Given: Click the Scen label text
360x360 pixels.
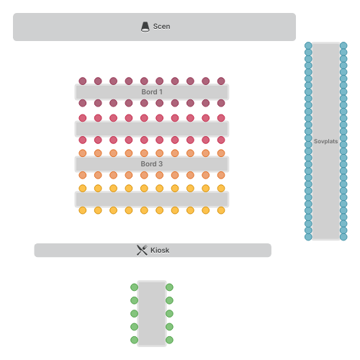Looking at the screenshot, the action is [161, 27].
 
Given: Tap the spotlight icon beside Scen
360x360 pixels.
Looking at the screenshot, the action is [145, 27].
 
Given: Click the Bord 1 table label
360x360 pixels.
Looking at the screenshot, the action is [152, 92].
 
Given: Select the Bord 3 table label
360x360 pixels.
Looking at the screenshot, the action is [152, 164].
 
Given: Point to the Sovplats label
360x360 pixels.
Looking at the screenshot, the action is [326, 141].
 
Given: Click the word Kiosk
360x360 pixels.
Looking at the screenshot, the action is [160, 251].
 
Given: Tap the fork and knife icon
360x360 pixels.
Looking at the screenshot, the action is [142, 251].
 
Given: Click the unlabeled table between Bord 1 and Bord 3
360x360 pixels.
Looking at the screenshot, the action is [152, 129].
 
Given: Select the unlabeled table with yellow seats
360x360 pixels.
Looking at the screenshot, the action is [152, 199].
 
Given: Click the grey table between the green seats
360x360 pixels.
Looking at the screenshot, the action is [152, 313].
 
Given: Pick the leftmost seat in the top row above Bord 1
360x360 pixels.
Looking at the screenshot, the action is [83, 81].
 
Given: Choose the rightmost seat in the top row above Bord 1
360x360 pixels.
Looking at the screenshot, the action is [221, 81].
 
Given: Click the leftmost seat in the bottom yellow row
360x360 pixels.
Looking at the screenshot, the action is [83, 210].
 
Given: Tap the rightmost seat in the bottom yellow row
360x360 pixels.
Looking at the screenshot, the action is [221, 210].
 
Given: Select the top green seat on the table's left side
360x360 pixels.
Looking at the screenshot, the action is [134, 287].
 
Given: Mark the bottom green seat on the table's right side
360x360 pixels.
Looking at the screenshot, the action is [169, 340].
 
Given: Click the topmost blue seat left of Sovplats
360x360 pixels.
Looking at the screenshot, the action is [308, 45].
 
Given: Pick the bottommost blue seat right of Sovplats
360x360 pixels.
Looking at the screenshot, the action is [343, 237].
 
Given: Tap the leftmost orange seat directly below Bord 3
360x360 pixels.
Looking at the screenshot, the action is [83, 175].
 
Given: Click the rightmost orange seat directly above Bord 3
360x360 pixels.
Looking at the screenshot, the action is [221, 153].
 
